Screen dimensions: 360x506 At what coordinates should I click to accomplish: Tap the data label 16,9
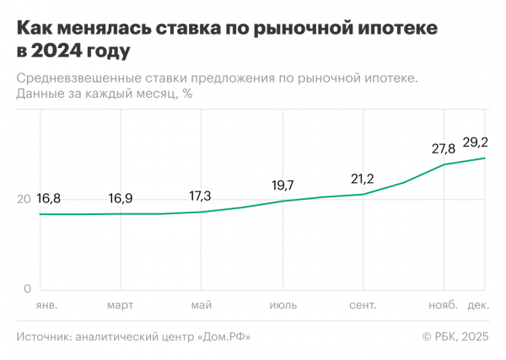(x=121, y=199)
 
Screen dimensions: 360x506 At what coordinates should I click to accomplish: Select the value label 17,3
(x=201, y=196)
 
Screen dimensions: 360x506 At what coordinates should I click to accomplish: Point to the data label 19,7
(x=282, y=185)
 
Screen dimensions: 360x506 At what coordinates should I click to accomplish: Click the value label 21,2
(x=363, y=179)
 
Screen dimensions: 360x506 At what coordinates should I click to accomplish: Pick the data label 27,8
(x=444, y=148)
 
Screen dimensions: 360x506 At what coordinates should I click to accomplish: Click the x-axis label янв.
(x=46, y=304)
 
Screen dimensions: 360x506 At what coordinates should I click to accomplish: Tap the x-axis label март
(x=121, y=304)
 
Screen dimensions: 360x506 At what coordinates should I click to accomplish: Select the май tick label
(x=201, y=304)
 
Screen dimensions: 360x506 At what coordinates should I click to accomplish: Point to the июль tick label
(x=282, y=304)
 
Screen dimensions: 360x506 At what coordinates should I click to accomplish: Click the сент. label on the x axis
(x=363, y=304)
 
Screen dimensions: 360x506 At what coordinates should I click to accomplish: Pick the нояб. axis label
(x=444, y=304)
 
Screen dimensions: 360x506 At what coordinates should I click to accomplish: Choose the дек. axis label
(x=479, y=304)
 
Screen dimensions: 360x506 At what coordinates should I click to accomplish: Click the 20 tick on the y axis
(x=24, y=200)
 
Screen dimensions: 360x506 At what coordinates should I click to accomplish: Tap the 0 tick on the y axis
(x=27, y=289)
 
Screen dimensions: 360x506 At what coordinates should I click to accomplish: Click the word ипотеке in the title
(x=395, y=30)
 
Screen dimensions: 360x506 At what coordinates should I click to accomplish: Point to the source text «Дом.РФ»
(x=223, y=337)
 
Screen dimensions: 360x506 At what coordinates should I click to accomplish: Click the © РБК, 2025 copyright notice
(x=455, y=337)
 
